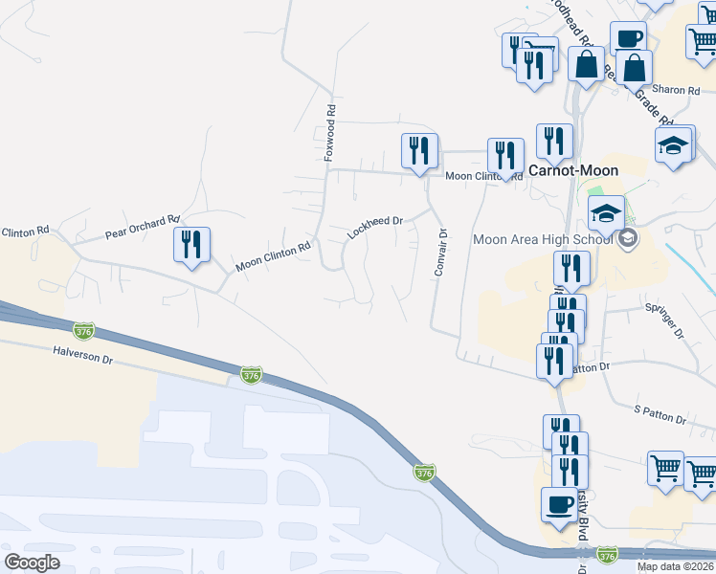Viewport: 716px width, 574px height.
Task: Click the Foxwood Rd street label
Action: point(329,132)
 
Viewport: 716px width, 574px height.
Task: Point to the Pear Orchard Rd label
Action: point(142,226)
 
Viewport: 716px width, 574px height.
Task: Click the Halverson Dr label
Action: point(84,354)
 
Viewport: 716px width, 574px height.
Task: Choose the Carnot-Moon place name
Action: point(573,170)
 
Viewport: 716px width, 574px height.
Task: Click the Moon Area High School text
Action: point(542,238)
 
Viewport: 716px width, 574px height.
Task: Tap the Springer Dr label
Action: point(664,321)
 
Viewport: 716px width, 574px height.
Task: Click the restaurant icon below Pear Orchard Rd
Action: point(192,244)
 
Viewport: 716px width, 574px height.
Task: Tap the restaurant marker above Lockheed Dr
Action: point(419,150)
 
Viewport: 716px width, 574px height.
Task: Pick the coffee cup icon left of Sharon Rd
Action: point(628,38)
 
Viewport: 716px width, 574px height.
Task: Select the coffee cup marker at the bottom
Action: point(559,503)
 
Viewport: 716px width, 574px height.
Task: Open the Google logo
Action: point(33,562)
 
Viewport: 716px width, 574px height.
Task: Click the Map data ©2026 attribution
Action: point(676,566)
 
